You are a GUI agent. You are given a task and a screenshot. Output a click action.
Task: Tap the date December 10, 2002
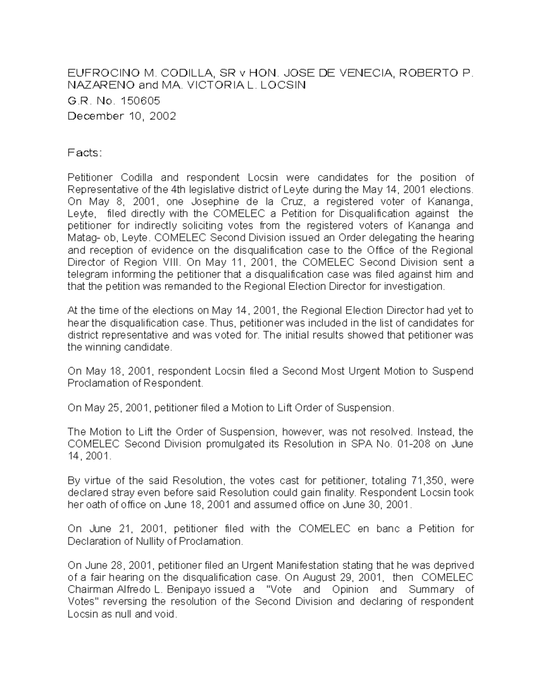click(121, 116)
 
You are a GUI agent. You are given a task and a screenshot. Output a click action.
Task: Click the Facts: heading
click(85, 153)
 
